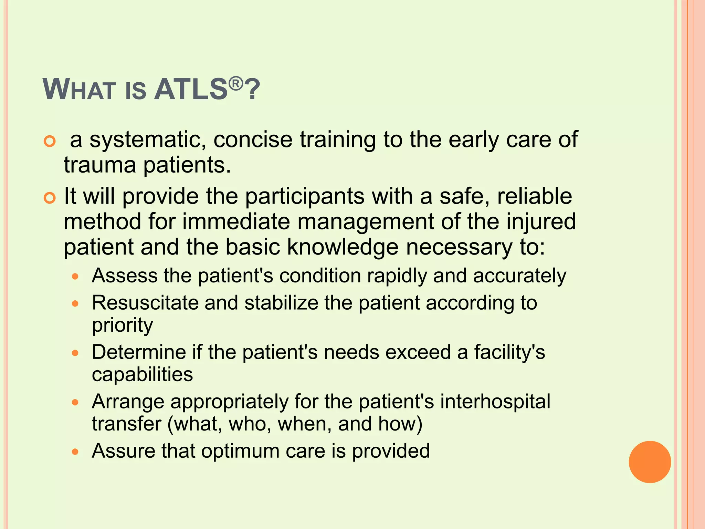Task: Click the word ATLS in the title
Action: (191, 90)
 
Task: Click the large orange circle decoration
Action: (650, 462)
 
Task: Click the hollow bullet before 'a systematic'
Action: (50, 141)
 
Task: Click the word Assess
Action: (125, 276)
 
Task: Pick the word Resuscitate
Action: (145, 303)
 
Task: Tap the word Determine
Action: (139, 352)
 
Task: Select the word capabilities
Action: (142, 375)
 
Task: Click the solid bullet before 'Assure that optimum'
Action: (75, 452)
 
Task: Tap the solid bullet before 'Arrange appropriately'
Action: (75, 402)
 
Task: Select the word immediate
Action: (236, 221)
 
